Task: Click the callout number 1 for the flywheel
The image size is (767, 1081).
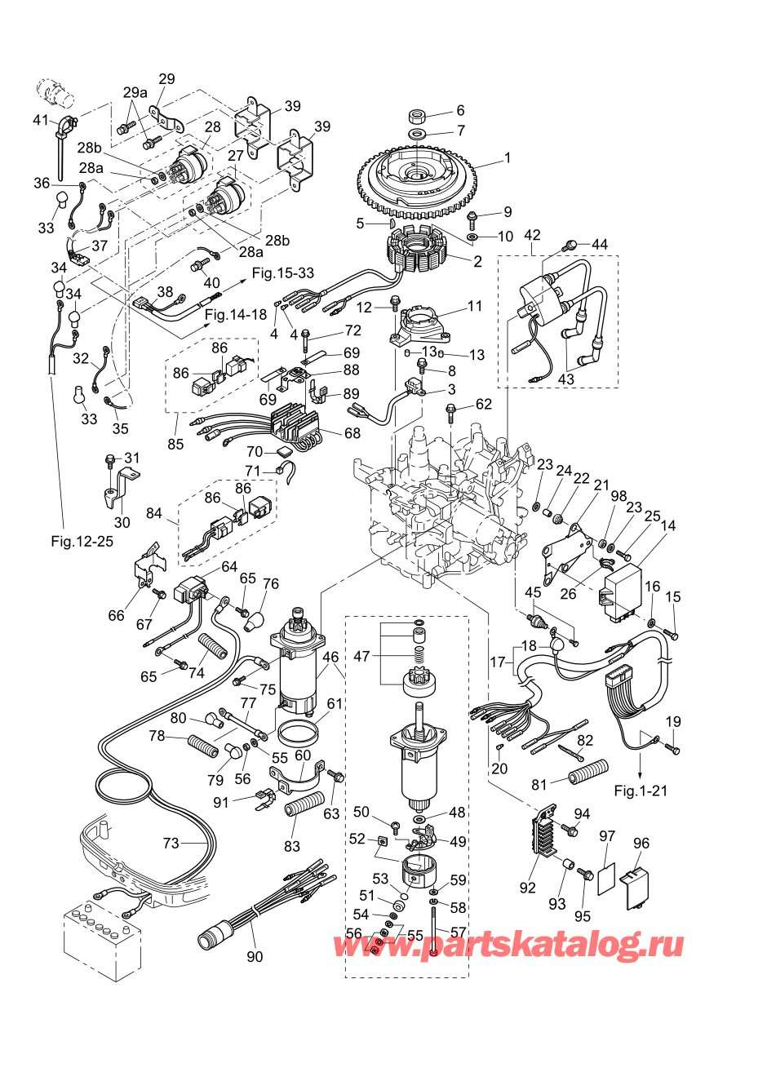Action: click(x=507, y=157)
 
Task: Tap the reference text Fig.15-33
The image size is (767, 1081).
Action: click(x=282, y=273)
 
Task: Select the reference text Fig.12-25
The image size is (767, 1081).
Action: click(x=82, y=541)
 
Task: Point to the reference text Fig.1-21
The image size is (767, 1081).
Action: click(x=641, y=791)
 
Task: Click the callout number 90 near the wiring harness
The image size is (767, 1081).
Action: click(x=255, y=955)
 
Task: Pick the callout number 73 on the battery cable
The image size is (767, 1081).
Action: click(x=171, y=843)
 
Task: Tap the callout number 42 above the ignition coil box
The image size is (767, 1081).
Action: click(x=532, y=236)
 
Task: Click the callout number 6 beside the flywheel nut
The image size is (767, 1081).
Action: click(x=460, y=110)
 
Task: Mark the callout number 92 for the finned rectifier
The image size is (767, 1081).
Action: click(x=528, y=886)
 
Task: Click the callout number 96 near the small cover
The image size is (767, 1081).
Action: click(x=641, y=844)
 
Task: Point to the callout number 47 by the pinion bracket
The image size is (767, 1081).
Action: click(x=361, y=656)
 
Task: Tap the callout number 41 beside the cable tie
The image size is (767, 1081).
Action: click(x=41, y=120)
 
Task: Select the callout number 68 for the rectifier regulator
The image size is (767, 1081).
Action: click(x=352, y=432)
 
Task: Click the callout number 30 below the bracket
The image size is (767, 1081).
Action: click(x=122, y=523)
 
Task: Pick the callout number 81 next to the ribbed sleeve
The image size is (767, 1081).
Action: click(x=539, y=785)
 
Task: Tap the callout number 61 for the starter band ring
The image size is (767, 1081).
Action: click(x=335, y=703)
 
